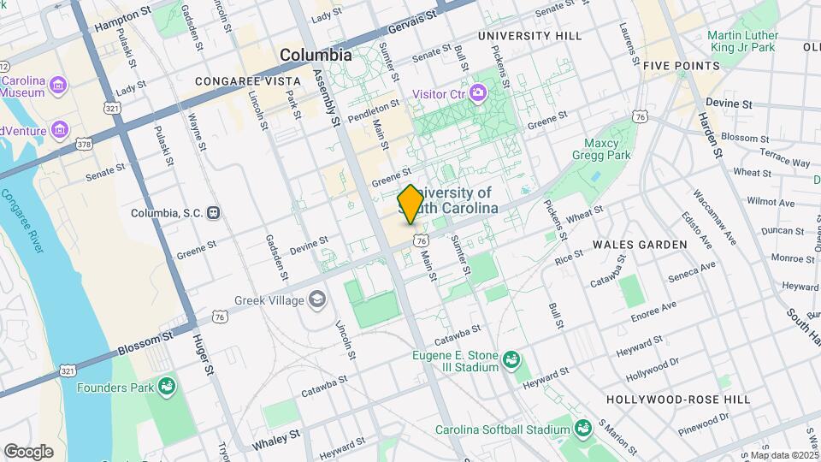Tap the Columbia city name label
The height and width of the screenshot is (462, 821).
click(316, 55)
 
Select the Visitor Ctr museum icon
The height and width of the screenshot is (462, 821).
click(477, 92)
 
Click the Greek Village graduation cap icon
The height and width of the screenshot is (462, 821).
click(318, 299)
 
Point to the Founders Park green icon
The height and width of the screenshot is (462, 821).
click(168, 387)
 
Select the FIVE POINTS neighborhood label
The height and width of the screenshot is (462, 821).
click(681, 66)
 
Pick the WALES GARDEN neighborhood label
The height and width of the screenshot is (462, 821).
click(646, 245)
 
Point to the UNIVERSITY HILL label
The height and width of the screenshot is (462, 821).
click(529, 36)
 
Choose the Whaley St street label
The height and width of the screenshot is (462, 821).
click(276, 440)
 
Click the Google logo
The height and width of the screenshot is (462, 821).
click(28, 452)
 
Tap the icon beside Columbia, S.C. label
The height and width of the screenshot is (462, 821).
click(214, 213)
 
